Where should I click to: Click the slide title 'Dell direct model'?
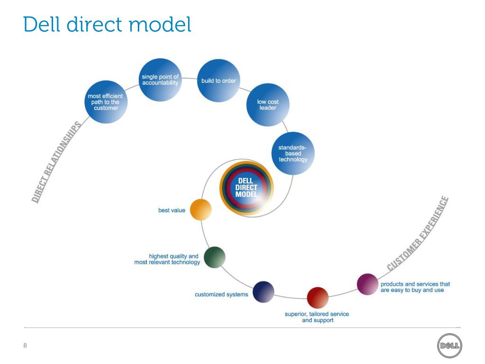point(107,25)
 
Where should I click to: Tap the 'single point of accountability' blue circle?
point(160,80)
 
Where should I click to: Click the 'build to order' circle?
point(218,81)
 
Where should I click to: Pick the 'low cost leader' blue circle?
point(268,105)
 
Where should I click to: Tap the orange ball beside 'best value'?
point(200,209)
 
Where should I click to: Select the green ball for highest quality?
point(214,257)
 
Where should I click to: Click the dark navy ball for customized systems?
point(263,292)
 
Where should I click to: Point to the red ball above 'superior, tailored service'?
point(317,298)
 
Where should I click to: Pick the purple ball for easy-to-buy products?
point(367,284)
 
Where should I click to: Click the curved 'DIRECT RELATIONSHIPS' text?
point(55,161)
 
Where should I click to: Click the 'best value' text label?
point(171,210)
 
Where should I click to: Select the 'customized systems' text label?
point(221,295)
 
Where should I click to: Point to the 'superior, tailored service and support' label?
point(317,317)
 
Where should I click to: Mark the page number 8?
point(25,346)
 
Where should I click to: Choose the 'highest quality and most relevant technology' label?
point(167,259)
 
